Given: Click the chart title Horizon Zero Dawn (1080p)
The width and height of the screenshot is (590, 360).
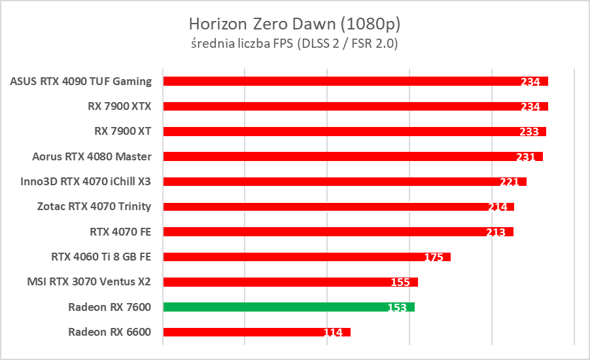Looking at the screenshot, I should pos(294,24).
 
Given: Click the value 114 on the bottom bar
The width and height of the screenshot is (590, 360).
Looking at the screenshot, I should pos(333,333).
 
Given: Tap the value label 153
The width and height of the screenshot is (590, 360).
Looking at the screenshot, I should pos(397,308).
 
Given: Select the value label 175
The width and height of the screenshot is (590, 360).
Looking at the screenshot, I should pos(434,257).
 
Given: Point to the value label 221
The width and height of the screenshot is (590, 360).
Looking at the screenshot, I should pos(510,182).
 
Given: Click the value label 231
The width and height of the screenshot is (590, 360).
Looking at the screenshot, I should pos(526,157).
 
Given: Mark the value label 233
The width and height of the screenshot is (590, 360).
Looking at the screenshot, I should pos(529,132).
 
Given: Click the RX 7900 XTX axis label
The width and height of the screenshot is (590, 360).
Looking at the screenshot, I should pos(120,106).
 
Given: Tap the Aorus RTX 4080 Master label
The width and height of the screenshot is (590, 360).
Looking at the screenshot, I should pos(92,156).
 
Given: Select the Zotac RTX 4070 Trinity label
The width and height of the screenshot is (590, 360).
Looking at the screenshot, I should pos(94,206).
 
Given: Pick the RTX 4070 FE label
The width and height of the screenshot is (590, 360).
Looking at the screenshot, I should pos(120,232).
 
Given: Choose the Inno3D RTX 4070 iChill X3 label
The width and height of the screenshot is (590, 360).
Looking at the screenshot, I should pos(86,181).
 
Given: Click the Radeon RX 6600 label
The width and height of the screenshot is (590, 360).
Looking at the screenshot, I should pos(109,332).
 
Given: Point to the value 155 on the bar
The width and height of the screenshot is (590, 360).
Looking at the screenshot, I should pos(400,283).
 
